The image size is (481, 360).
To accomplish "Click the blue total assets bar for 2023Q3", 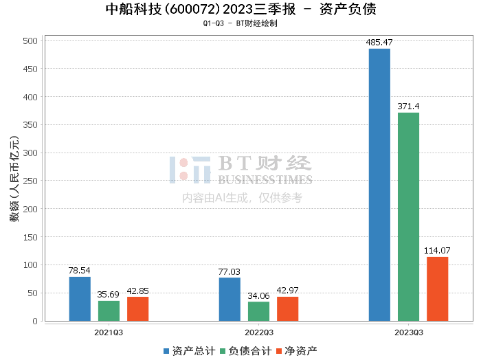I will (x=379, y=185).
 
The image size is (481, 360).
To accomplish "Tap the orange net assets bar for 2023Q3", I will (x=437, y=289).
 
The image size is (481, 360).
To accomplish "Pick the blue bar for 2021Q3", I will (x=80, y=299).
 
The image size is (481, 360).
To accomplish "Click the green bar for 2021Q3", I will (x=109, y=311).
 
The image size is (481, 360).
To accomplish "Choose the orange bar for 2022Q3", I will (x=288, y=308).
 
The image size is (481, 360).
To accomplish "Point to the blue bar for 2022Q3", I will (x=230, y=299).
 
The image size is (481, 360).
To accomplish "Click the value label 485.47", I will (x=379, y=43).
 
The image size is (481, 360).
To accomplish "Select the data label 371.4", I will (x=408, y=106).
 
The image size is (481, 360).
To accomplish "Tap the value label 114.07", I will (x=437, y=251).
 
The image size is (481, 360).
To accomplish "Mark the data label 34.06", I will (x=258, y=295).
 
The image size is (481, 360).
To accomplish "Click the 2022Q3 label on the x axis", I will (x=258, y=333).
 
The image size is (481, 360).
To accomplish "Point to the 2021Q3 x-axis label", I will (x=109, y=333).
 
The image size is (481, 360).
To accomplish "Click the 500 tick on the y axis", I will (x=30, y=41).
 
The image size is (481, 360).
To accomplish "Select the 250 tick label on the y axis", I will (x=30, y=181).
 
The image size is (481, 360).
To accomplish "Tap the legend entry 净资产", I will (x=296, y=350).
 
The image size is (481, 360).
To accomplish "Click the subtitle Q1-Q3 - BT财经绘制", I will (x=240, y=23).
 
